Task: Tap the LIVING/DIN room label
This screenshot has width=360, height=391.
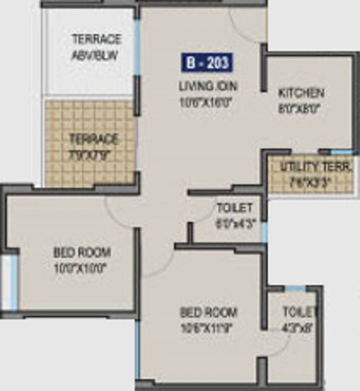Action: click(x=208, y=86)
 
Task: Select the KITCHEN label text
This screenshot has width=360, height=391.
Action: click(x=301, y=93)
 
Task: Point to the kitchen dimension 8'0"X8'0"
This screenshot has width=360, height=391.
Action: click(x=301, y=108)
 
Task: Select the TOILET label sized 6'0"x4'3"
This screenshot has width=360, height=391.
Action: click(x=234, y=208)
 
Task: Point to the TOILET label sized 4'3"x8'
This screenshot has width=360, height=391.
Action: click(x=300, y=312)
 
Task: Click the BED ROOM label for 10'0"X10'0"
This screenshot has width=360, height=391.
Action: click(x=82, y=253)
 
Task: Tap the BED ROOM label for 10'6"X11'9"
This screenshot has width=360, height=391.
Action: click(x=208, y=312)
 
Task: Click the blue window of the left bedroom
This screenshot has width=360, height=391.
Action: click(x=14, y=282)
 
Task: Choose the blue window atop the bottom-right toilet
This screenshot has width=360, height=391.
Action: click(x=295, y=289)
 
